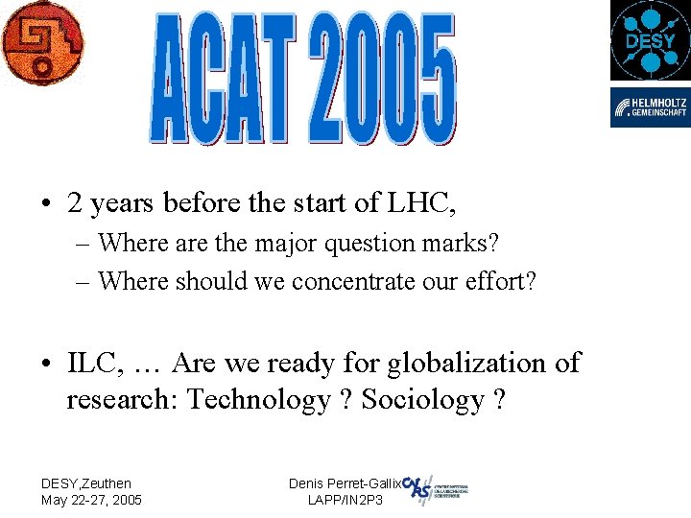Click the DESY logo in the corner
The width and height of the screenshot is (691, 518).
click(650, 40)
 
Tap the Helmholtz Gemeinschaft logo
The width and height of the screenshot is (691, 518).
click(650, 107)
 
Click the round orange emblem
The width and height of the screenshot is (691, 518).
click(41, 42)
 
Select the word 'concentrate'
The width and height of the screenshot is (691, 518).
click(363, 281)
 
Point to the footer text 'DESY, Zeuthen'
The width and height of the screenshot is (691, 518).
click(86, 483)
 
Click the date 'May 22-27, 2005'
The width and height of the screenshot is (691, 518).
click(91, 500)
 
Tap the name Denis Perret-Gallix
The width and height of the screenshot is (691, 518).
click(345, 483)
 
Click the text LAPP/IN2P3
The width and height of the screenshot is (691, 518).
click(345, 500)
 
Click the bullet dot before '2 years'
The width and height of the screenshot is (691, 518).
click(46, 204)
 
